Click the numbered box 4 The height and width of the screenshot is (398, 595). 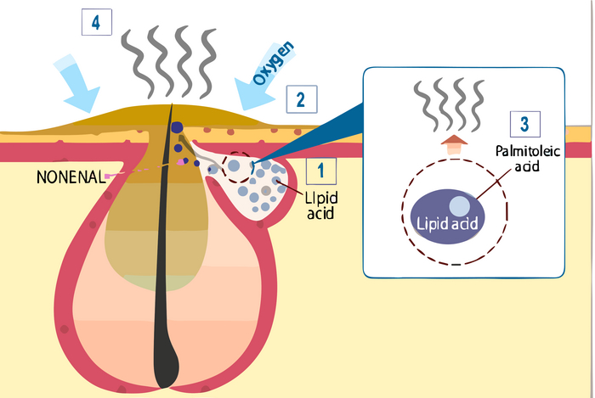96,23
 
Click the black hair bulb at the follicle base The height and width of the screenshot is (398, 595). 167,361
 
